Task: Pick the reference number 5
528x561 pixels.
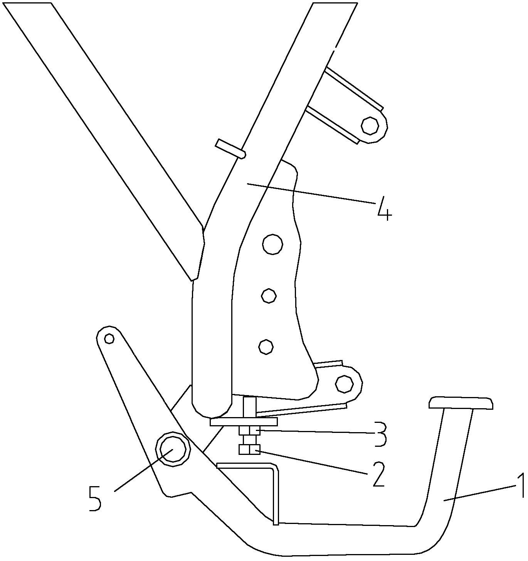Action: coord(94,498)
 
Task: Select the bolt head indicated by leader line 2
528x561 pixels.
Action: coord(249,450)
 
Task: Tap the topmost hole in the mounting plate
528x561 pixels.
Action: coord(272,244)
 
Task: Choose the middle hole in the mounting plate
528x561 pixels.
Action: coord(269,296)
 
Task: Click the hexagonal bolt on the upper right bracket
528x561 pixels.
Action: coord(370,125)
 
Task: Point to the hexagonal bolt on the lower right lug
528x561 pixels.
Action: coord(344,384)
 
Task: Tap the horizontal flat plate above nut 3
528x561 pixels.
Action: coord(244,422)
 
